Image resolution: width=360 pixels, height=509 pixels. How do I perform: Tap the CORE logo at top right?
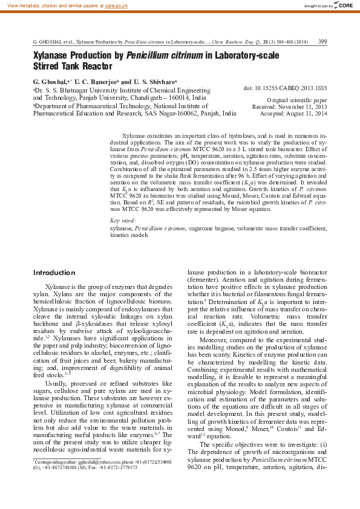344,5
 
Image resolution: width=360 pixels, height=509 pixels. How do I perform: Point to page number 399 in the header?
322,42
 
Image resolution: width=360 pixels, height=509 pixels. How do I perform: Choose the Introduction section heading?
54,273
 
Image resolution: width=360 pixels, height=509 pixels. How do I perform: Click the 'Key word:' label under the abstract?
122,221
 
